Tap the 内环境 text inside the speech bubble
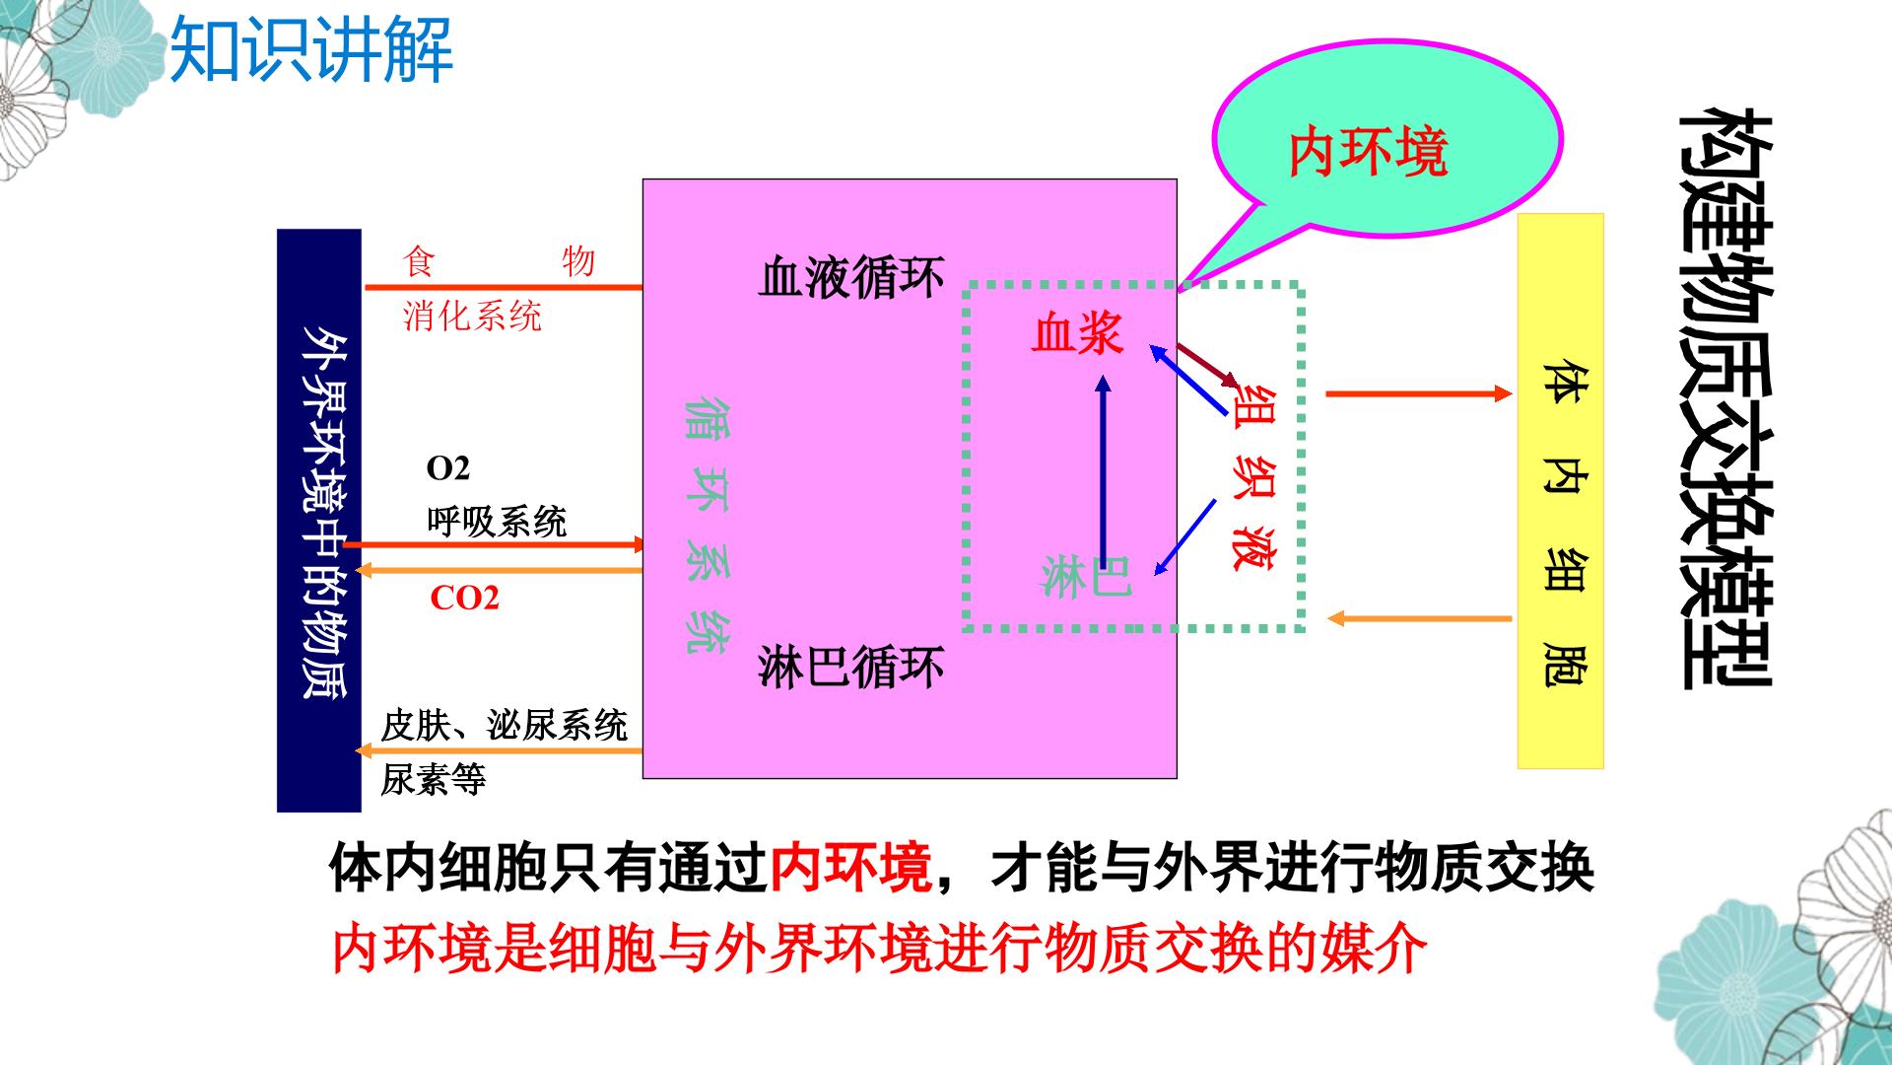pos(1368,153)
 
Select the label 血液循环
pos(851,277)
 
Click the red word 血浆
pos(1077,333)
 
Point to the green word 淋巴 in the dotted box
pos(1087,576)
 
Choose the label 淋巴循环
pos(851,666)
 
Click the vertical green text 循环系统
pos(708,526)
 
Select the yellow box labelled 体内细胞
pos(1561,491)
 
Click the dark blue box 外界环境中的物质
pos(319,521)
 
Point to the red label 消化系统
pos(472,317)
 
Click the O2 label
pos(448,468)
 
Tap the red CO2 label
pos(465,598)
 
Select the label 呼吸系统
pos(497,521)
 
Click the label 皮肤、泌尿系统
pos(505,725)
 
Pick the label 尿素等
pos(434,780)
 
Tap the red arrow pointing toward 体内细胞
pos(1419,393)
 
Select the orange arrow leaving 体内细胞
pos(1419,618)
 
